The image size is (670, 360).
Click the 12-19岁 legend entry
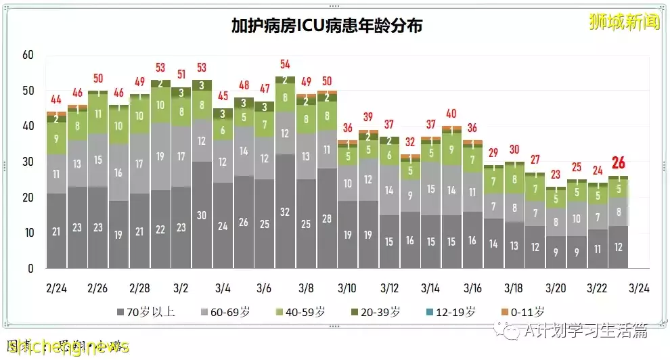coord(450,312)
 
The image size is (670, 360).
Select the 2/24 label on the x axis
coord(56,288)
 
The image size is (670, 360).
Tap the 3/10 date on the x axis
coord(347,288)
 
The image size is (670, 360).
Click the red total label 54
coord(285,64)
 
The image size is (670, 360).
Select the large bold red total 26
coord(617,162)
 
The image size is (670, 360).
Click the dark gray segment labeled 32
coord(285,211)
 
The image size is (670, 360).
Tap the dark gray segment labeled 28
coord(327,218)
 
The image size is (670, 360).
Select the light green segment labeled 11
coord(98,114)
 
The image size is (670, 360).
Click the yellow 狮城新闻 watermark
coord(623,22)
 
